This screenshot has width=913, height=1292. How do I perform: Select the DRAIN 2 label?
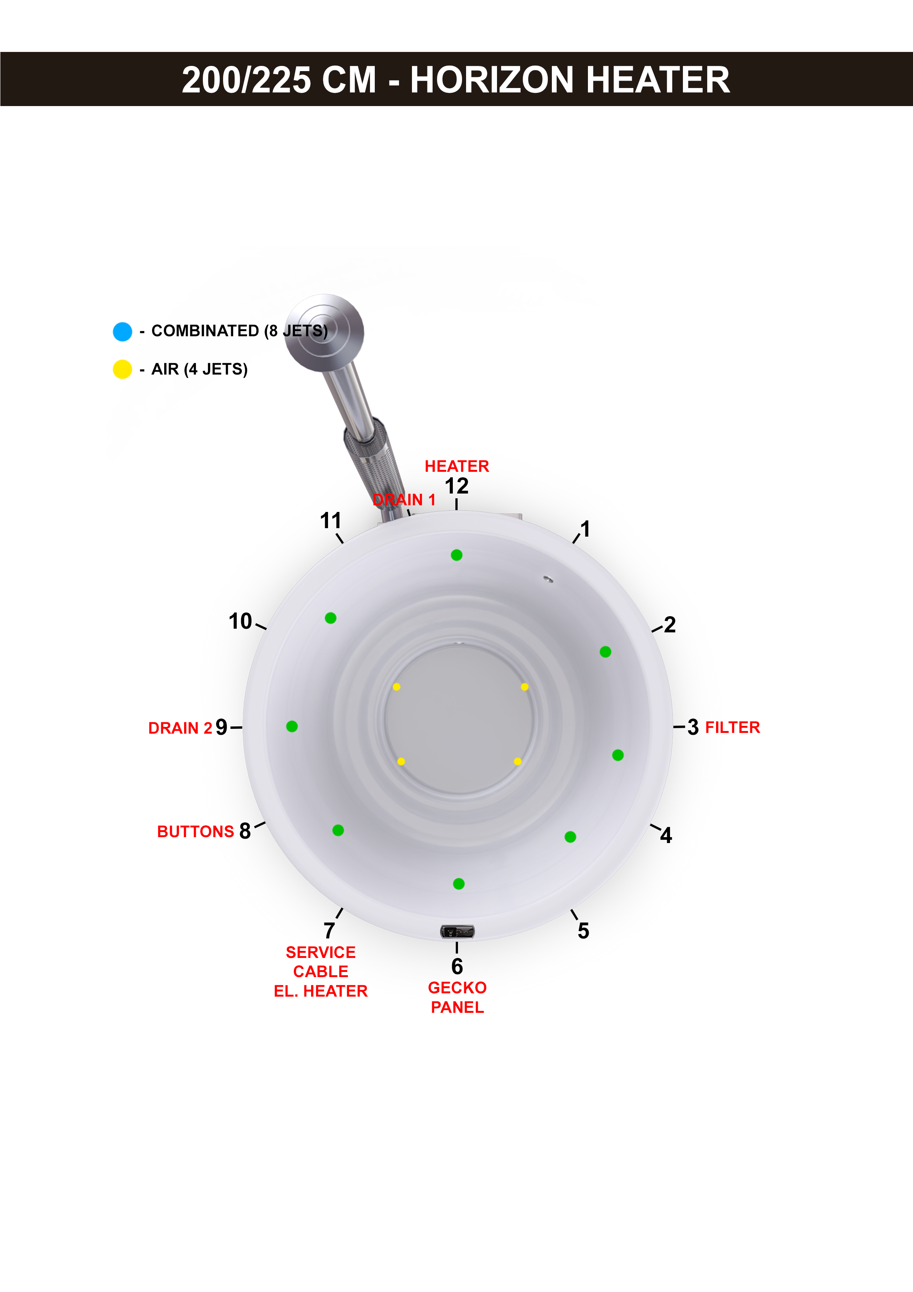point(180,728)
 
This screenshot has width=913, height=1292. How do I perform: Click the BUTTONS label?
point(195,831)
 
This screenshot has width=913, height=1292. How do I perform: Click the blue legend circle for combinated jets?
point(123,331)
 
